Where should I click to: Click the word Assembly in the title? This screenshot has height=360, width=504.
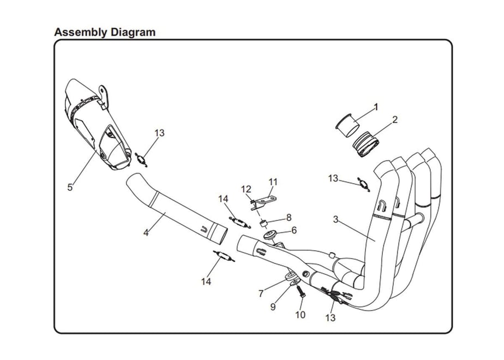point(81,33)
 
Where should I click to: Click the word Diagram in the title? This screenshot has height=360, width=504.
point(133,32)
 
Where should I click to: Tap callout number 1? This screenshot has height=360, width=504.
point(376,107)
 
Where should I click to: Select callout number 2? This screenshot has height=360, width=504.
point(395,119)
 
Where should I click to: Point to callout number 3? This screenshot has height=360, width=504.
point(336,219)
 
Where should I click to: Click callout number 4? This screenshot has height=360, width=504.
point(146,232)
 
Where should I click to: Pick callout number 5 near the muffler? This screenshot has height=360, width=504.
point(70,187)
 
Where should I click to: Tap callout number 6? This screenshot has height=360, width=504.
point(294,230)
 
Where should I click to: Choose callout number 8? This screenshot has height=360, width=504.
point(289,218)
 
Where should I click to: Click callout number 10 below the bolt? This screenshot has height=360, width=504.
point(300,315)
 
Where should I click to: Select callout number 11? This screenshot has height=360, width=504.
point(273,182)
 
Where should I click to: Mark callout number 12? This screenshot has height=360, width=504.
point(246,189)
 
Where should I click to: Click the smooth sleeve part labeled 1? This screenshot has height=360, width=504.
point(347,125)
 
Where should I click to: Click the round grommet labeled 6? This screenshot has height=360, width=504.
point(269,235)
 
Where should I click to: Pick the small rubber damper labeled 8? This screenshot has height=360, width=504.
point(264,223)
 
